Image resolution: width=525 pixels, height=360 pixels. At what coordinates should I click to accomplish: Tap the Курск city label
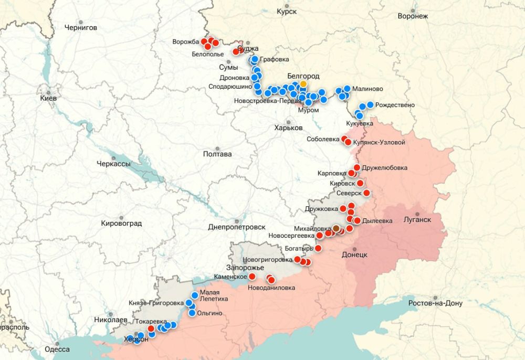pos(287,11)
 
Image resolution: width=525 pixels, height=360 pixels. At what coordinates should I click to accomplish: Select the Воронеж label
pos(413,16)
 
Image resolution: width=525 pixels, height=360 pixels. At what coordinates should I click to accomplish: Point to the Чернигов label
pos(80,27)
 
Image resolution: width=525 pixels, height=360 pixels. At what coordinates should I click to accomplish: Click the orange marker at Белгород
pos(303,84)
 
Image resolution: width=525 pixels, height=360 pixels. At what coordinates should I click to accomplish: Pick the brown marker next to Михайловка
pos(336,229)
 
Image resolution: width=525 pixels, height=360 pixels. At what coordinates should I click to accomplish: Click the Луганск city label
pos(417,220)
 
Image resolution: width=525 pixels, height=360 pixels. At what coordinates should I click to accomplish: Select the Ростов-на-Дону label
pos(434,303)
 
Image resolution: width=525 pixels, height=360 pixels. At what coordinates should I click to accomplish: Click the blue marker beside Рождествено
pos(370,105)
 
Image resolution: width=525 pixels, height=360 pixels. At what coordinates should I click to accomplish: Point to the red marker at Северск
pos(366,193)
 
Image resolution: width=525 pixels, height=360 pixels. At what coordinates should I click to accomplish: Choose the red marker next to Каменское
pos(252,276)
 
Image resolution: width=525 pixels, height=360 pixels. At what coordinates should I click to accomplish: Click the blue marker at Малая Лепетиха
pos(195,295)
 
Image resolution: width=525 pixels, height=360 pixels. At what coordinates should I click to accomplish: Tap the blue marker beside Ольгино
pos(192,313)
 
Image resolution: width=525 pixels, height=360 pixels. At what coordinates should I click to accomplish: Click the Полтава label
pos(217,154)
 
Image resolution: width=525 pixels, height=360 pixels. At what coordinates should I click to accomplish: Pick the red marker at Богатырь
pos(318,248)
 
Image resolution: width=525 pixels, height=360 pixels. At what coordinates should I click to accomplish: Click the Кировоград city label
pos(121,223)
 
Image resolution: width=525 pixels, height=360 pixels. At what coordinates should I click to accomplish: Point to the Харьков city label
pos(288,128)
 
